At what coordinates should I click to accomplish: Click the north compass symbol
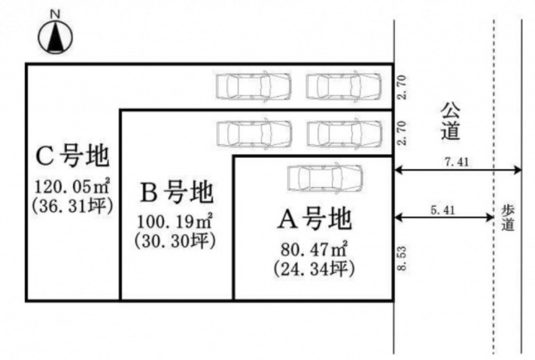[55, 38]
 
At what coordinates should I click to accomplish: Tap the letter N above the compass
[54, 14]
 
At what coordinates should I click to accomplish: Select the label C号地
[73, 156]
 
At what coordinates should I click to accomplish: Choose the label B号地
[177, 194]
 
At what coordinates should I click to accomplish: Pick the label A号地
[313, 220]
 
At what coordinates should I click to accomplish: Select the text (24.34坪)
[313, 270]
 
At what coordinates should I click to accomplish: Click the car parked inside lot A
[324, 178]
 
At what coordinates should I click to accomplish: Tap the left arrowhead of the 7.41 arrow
[397, 169]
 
